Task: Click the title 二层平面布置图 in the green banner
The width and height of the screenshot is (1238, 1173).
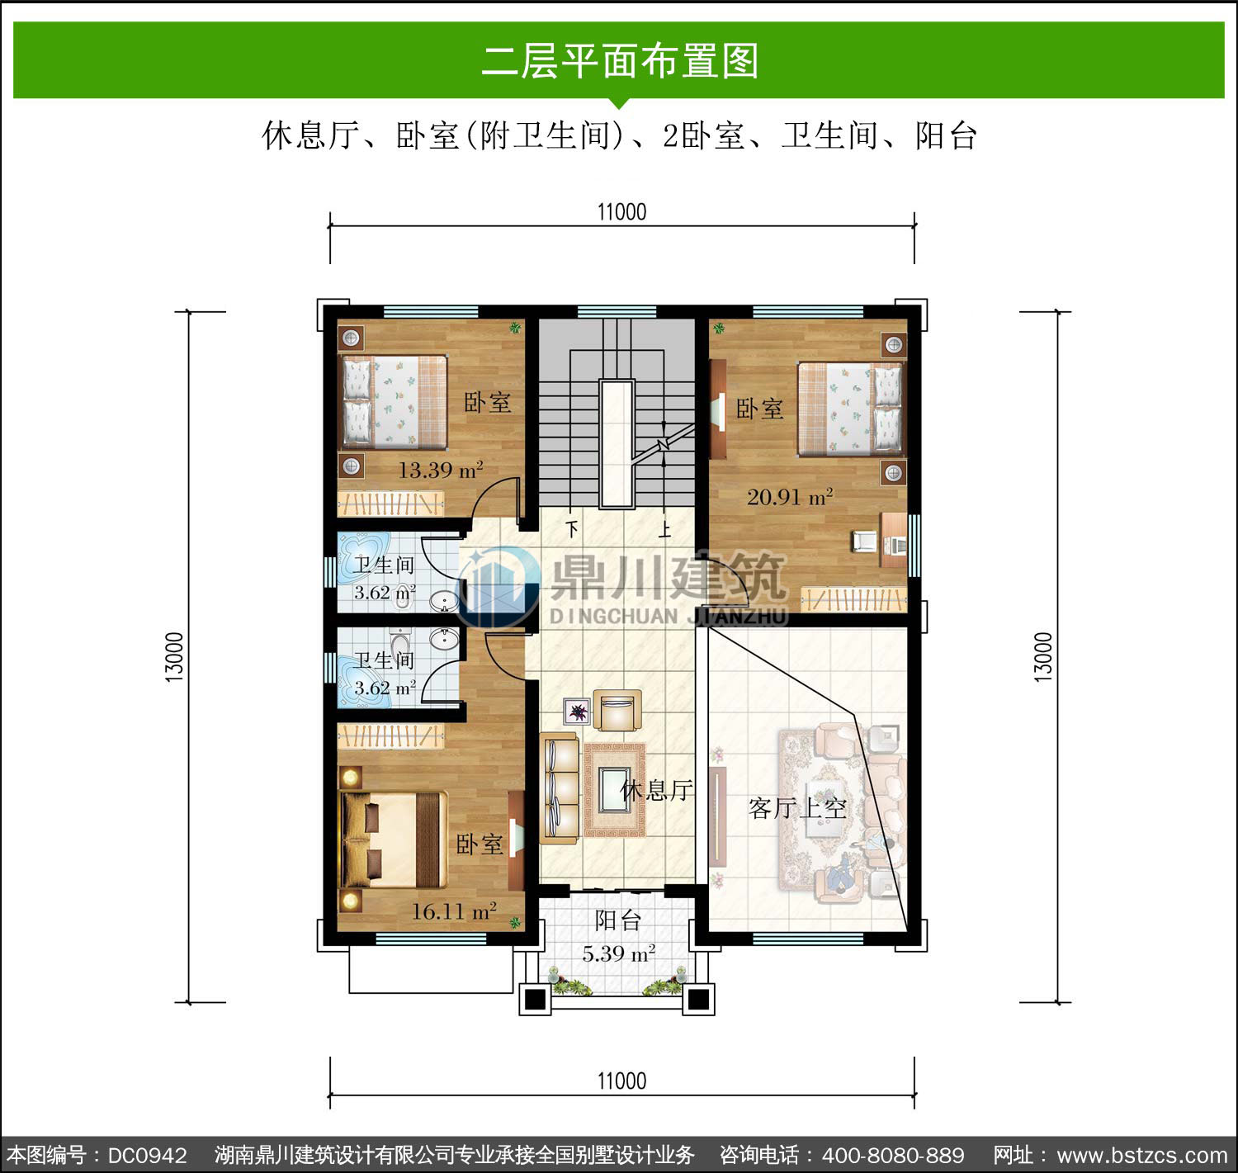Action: (620, 61)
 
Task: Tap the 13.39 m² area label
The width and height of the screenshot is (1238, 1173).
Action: (440, 470)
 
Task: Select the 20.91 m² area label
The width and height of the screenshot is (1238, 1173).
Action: (791, 497)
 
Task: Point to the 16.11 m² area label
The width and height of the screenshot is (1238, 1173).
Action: (454, 911)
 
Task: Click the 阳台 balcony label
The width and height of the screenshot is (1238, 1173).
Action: (617, 921)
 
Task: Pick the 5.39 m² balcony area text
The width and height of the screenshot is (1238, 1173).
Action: (618, 953)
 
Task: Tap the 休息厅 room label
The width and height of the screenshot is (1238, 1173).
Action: (657, 791)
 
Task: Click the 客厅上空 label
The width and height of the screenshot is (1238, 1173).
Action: (797, 808)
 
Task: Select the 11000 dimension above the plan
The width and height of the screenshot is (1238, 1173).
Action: (621, 212)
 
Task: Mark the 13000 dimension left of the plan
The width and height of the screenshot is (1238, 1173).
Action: (174, 656)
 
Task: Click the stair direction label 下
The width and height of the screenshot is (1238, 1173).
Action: (572, 528)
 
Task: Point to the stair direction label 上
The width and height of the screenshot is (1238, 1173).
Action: (664, 529)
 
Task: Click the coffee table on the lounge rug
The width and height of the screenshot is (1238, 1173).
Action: (614, 790)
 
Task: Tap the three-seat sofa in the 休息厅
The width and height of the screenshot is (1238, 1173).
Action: (560, 788)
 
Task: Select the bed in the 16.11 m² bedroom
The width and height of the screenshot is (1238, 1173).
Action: (394, 840)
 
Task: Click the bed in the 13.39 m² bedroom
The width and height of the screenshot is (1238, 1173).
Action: (395, 403)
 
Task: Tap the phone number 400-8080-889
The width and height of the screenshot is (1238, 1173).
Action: (893, 1156)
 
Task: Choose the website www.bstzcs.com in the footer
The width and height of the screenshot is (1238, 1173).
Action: (1142, 1156)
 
